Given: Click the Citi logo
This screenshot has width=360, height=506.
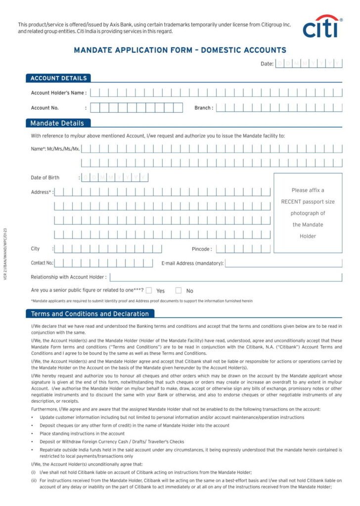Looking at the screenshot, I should [x=322, y=27].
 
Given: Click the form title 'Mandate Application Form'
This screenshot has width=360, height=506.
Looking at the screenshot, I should [x=180, y=50].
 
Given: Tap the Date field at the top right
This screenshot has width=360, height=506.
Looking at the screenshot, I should [x=309, y=63].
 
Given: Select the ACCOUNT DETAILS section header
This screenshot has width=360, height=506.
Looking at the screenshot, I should [x=58, y=78].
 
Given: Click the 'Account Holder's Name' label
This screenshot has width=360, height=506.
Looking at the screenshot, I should [x=58, y=93].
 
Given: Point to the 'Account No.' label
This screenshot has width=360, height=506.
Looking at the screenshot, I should [x=45, y=108].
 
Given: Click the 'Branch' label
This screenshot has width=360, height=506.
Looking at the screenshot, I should [x=203, y=108].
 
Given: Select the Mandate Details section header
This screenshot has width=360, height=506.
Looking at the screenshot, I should [x=57, y=123].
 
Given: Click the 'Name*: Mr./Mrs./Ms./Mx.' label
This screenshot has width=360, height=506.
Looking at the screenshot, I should [x=55, y=149].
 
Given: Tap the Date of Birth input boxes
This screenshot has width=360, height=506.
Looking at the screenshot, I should [x=115, y=177].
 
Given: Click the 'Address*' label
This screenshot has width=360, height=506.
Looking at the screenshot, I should [x=41, y=192].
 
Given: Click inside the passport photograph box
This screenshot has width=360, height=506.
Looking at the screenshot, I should [x=308, y=213].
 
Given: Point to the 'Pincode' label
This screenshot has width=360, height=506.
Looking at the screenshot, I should [x=201, y=249].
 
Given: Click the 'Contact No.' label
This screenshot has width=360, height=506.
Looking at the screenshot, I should [x=42, y=263].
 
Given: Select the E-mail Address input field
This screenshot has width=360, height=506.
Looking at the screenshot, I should [x=283, y=263].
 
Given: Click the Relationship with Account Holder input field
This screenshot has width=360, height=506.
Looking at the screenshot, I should [x=225, y=277].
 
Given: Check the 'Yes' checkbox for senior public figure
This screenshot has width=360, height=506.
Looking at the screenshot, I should [x=149, y=291].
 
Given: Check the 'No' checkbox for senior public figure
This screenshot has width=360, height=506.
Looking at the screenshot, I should [x=179, y=291].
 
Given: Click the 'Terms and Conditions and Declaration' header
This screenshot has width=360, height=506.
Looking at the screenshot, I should [x=90, y=314].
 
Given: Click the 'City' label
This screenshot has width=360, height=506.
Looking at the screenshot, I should [x=35, y=249].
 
